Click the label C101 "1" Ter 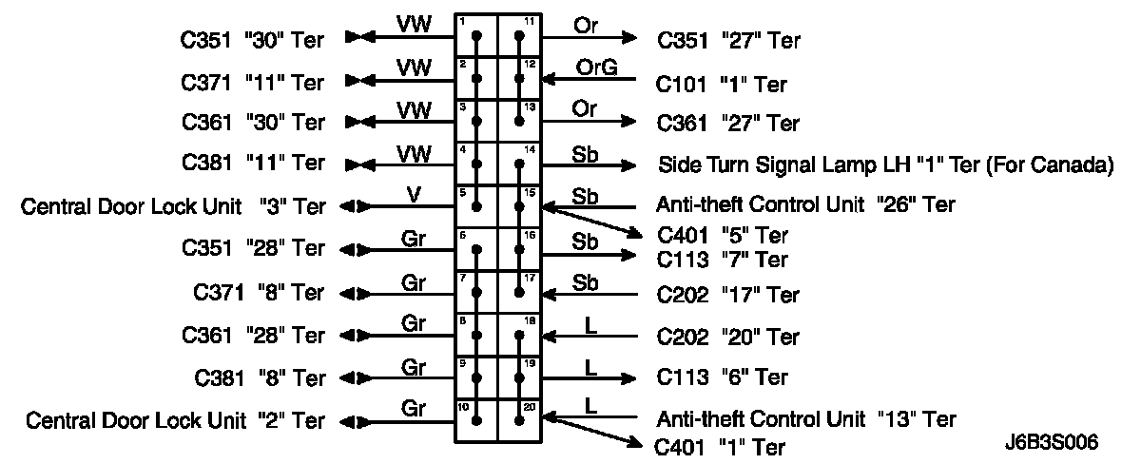(x=722, y=85)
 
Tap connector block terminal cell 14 (x=519, y=164)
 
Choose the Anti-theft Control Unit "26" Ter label (x=805, y=204)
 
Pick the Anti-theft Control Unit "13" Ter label (x=805, y=418)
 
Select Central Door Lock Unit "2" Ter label (x=175, y=420)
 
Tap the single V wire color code (x=413, y=194)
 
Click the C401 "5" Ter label (x=722, y=235)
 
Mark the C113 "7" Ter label (x=722, y=258)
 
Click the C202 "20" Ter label (x=728, y=337)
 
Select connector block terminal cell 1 (x=476, y=37)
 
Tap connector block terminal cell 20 (x=519, y=419)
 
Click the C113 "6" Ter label (x=722, y=377)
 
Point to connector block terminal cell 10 (x=476, y=419)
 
